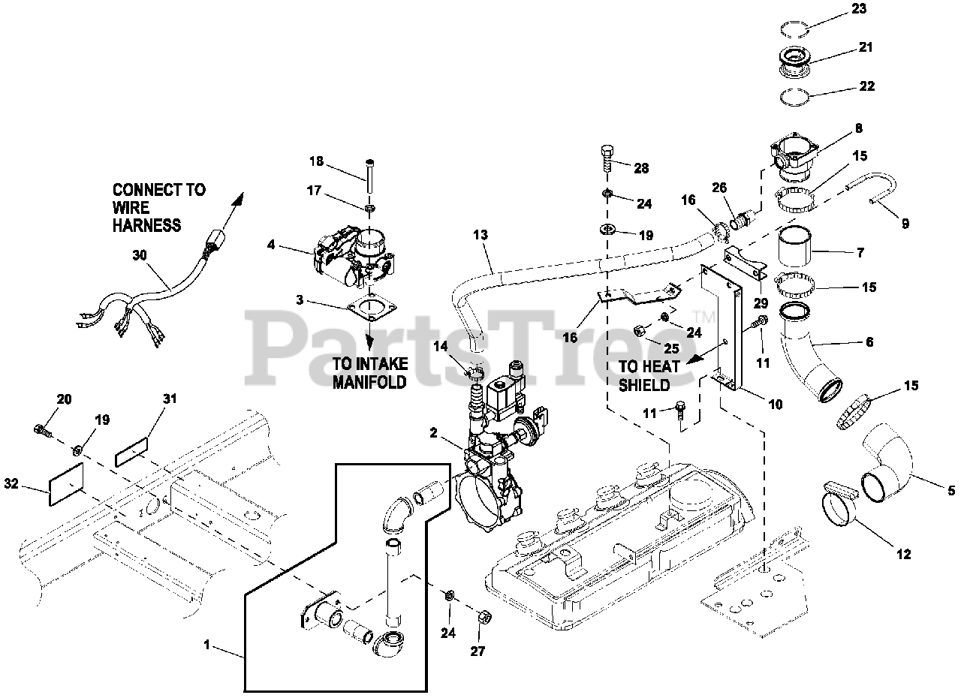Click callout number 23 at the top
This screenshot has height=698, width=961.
point(859,9)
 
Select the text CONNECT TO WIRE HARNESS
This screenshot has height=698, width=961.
point(158,207)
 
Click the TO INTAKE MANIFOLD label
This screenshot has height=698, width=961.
point(370,372)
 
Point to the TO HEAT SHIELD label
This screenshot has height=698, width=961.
point(649,375)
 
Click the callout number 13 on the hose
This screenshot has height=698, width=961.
point(480,235)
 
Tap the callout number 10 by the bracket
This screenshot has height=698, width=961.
point(775,404)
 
